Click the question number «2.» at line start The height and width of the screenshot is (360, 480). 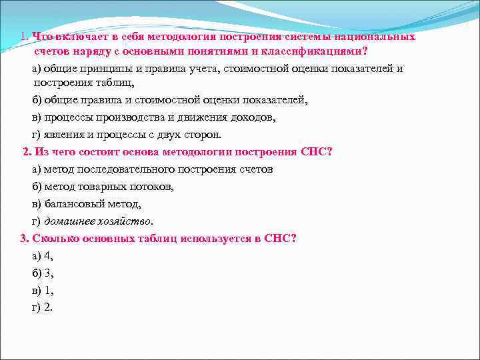click(27, 151)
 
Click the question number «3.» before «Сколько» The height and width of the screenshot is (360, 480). click(24, 239)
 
